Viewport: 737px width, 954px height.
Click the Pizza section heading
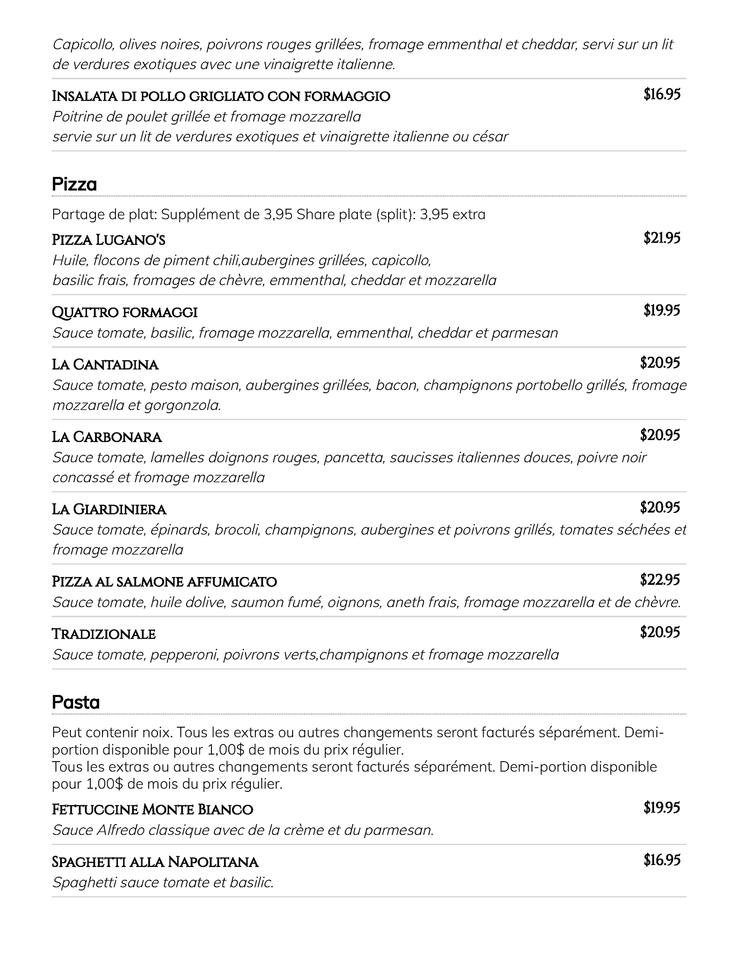click(75, 185)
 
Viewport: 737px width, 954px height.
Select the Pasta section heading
click(76, 702)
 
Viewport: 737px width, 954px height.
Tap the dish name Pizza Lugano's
click(109, 240)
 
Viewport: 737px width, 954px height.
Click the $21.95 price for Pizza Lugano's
click(662, 238)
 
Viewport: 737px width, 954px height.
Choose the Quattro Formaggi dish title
click(125, 312)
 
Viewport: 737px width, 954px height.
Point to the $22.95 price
click(660, 580)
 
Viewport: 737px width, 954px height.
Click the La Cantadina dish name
click(105, 364)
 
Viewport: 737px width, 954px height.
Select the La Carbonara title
click(107, 437)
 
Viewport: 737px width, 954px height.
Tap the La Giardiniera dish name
click(109, 509)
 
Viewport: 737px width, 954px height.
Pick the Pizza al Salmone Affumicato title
click(164, 582)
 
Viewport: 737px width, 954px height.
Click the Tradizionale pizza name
click(103, 634)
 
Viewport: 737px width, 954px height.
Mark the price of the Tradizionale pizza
click(660, 632)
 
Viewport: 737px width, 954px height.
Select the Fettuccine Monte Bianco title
click(152, 810)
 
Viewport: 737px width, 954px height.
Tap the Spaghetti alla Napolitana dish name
click(155, 862)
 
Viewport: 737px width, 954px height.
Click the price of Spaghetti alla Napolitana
click(662, 860)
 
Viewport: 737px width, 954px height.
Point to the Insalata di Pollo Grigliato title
click(221, 96)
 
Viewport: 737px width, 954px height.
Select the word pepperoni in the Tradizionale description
click(184, 655)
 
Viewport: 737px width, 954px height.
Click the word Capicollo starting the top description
click(83, 44)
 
